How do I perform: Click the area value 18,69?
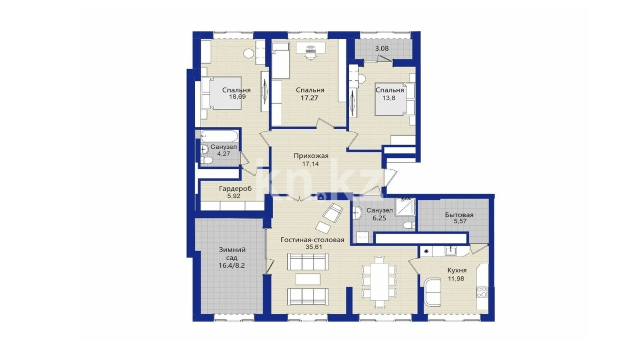point(237,96)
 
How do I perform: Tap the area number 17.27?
point(309,98)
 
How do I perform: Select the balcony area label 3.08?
point(382,48)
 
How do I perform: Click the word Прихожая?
point(311,156)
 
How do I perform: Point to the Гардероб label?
point(236,188)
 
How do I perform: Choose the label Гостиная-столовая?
point(312,240)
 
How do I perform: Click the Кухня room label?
point(457,270)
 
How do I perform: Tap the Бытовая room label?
point(459,215)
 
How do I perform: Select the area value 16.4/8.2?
point(232,266)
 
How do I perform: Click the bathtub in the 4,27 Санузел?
point(219,136)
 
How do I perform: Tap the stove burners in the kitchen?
point(482,292)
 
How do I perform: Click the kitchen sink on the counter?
point(450,251)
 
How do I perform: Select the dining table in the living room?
point(379,282)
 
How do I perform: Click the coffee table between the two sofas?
point(308,279)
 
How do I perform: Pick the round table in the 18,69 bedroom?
point(249,54)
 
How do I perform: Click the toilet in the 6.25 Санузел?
point(409,225)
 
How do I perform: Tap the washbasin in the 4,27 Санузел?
point(204,149)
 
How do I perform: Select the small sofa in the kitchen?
point(432,292)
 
